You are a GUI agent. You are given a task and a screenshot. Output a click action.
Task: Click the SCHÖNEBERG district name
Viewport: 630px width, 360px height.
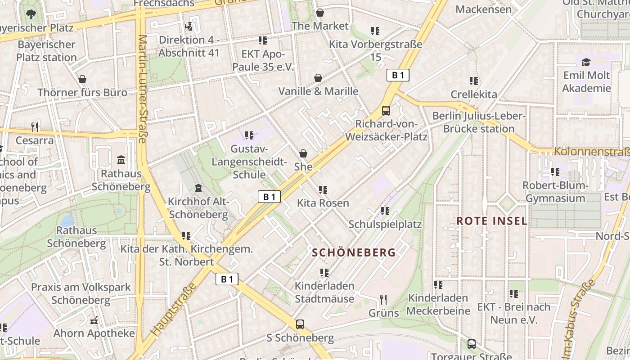(354, 252)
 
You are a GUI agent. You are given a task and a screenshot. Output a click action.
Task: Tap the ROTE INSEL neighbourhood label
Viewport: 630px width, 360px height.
(491, 221)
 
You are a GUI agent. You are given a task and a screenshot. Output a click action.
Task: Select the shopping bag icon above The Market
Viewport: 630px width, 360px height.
(320, 13)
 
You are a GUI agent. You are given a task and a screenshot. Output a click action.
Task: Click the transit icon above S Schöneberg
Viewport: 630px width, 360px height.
(300, 324)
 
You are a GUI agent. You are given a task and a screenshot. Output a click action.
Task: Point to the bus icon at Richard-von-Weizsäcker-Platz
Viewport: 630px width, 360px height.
(386, 110)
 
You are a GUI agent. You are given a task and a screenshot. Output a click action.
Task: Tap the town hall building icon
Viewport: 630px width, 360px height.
(121, 160)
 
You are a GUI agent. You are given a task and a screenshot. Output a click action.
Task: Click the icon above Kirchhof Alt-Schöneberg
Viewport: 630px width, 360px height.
(198, 188)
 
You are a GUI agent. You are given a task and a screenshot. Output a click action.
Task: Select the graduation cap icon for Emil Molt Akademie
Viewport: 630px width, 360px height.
(586, 62)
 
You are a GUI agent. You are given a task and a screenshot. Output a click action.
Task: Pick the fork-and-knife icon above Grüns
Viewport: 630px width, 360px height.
(383, 299)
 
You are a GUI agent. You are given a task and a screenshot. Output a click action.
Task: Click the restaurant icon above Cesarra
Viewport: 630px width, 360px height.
(35, 127)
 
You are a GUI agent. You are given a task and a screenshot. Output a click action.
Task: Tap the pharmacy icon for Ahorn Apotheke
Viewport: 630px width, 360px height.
(94, 320)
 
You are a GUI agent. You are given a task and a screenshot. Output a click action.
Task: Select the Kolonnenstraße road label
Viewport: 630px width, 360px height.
(591, 152)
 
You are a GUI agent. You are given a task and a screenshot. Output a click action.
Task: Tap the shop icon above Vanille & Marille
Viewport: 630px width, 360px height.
(318, 78)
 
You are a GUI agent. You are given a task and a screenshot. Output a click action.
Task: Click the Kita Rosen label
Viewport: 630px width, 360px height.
(323, 203)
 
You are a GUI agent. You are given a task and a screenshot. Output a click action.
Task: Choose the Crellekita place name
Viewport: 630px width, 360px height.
(474, 94)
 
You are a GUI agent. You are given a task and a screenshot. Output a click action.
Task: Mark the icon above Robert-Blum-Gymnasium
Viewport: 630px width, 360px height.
(555, 172)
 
